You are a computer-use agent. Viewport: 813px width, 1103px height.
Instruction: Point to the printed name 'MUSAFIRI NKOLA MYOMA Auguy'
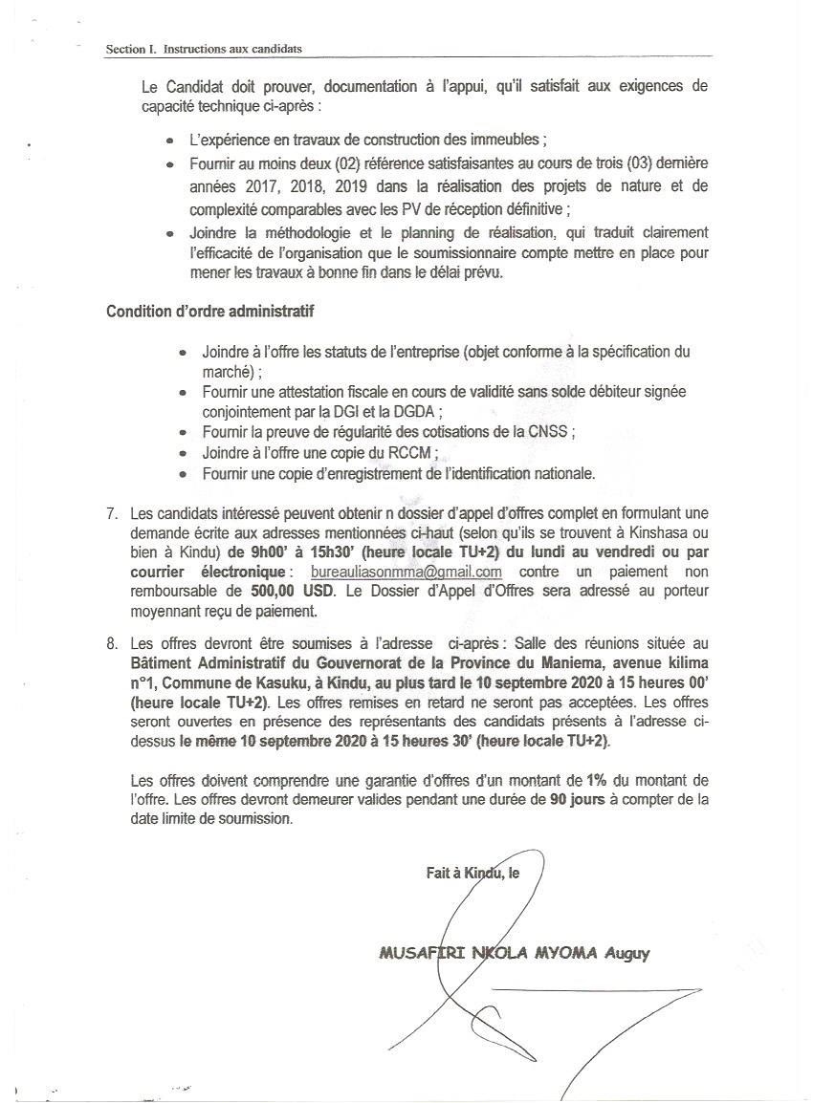point(515,953)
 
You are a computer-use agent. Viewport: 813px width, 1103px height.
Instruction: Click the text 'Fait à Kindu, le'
point(472,872)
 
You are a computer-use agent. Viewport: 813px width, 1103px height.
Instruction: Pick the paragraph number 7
point(112,515)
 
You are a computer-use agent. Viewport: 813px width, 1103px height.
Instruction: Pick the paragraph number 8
point(112,643)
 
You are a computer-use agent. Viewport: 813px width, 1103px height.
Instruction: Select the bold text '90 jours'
point(578,801)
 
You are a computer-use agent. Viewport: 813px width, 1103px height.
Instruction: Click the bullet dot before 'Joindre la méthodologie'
point(169,233)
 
